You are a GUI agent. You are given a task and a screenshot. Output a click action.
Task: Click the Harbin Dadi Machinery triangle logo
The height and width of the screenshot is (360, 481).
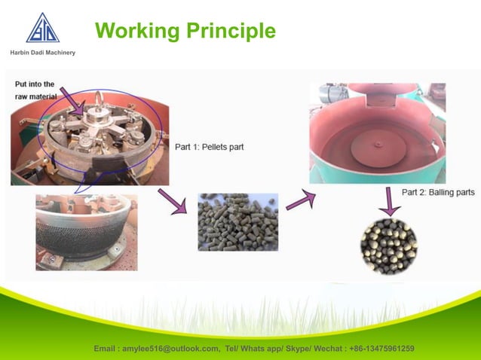point(42,28)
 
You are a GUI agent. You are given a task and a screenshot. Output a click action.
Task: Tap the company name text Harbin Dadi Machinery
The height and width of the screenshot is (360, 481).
point(42,52)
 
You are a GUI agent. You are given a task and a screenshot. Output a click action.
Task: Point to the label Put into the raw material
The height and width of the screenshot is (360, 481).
point(35,90)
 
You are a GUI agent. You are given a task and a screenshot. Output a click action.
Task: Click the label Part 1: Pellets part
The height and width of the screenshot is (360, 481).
point(209,146)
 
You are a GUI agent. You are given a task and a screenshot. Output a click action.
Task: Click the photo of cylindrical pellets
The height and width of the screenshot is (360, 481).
point(237,222)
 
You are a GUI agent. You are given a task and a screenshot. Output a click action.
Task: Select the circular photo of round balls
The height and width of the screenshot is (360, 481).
point(388,246)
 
